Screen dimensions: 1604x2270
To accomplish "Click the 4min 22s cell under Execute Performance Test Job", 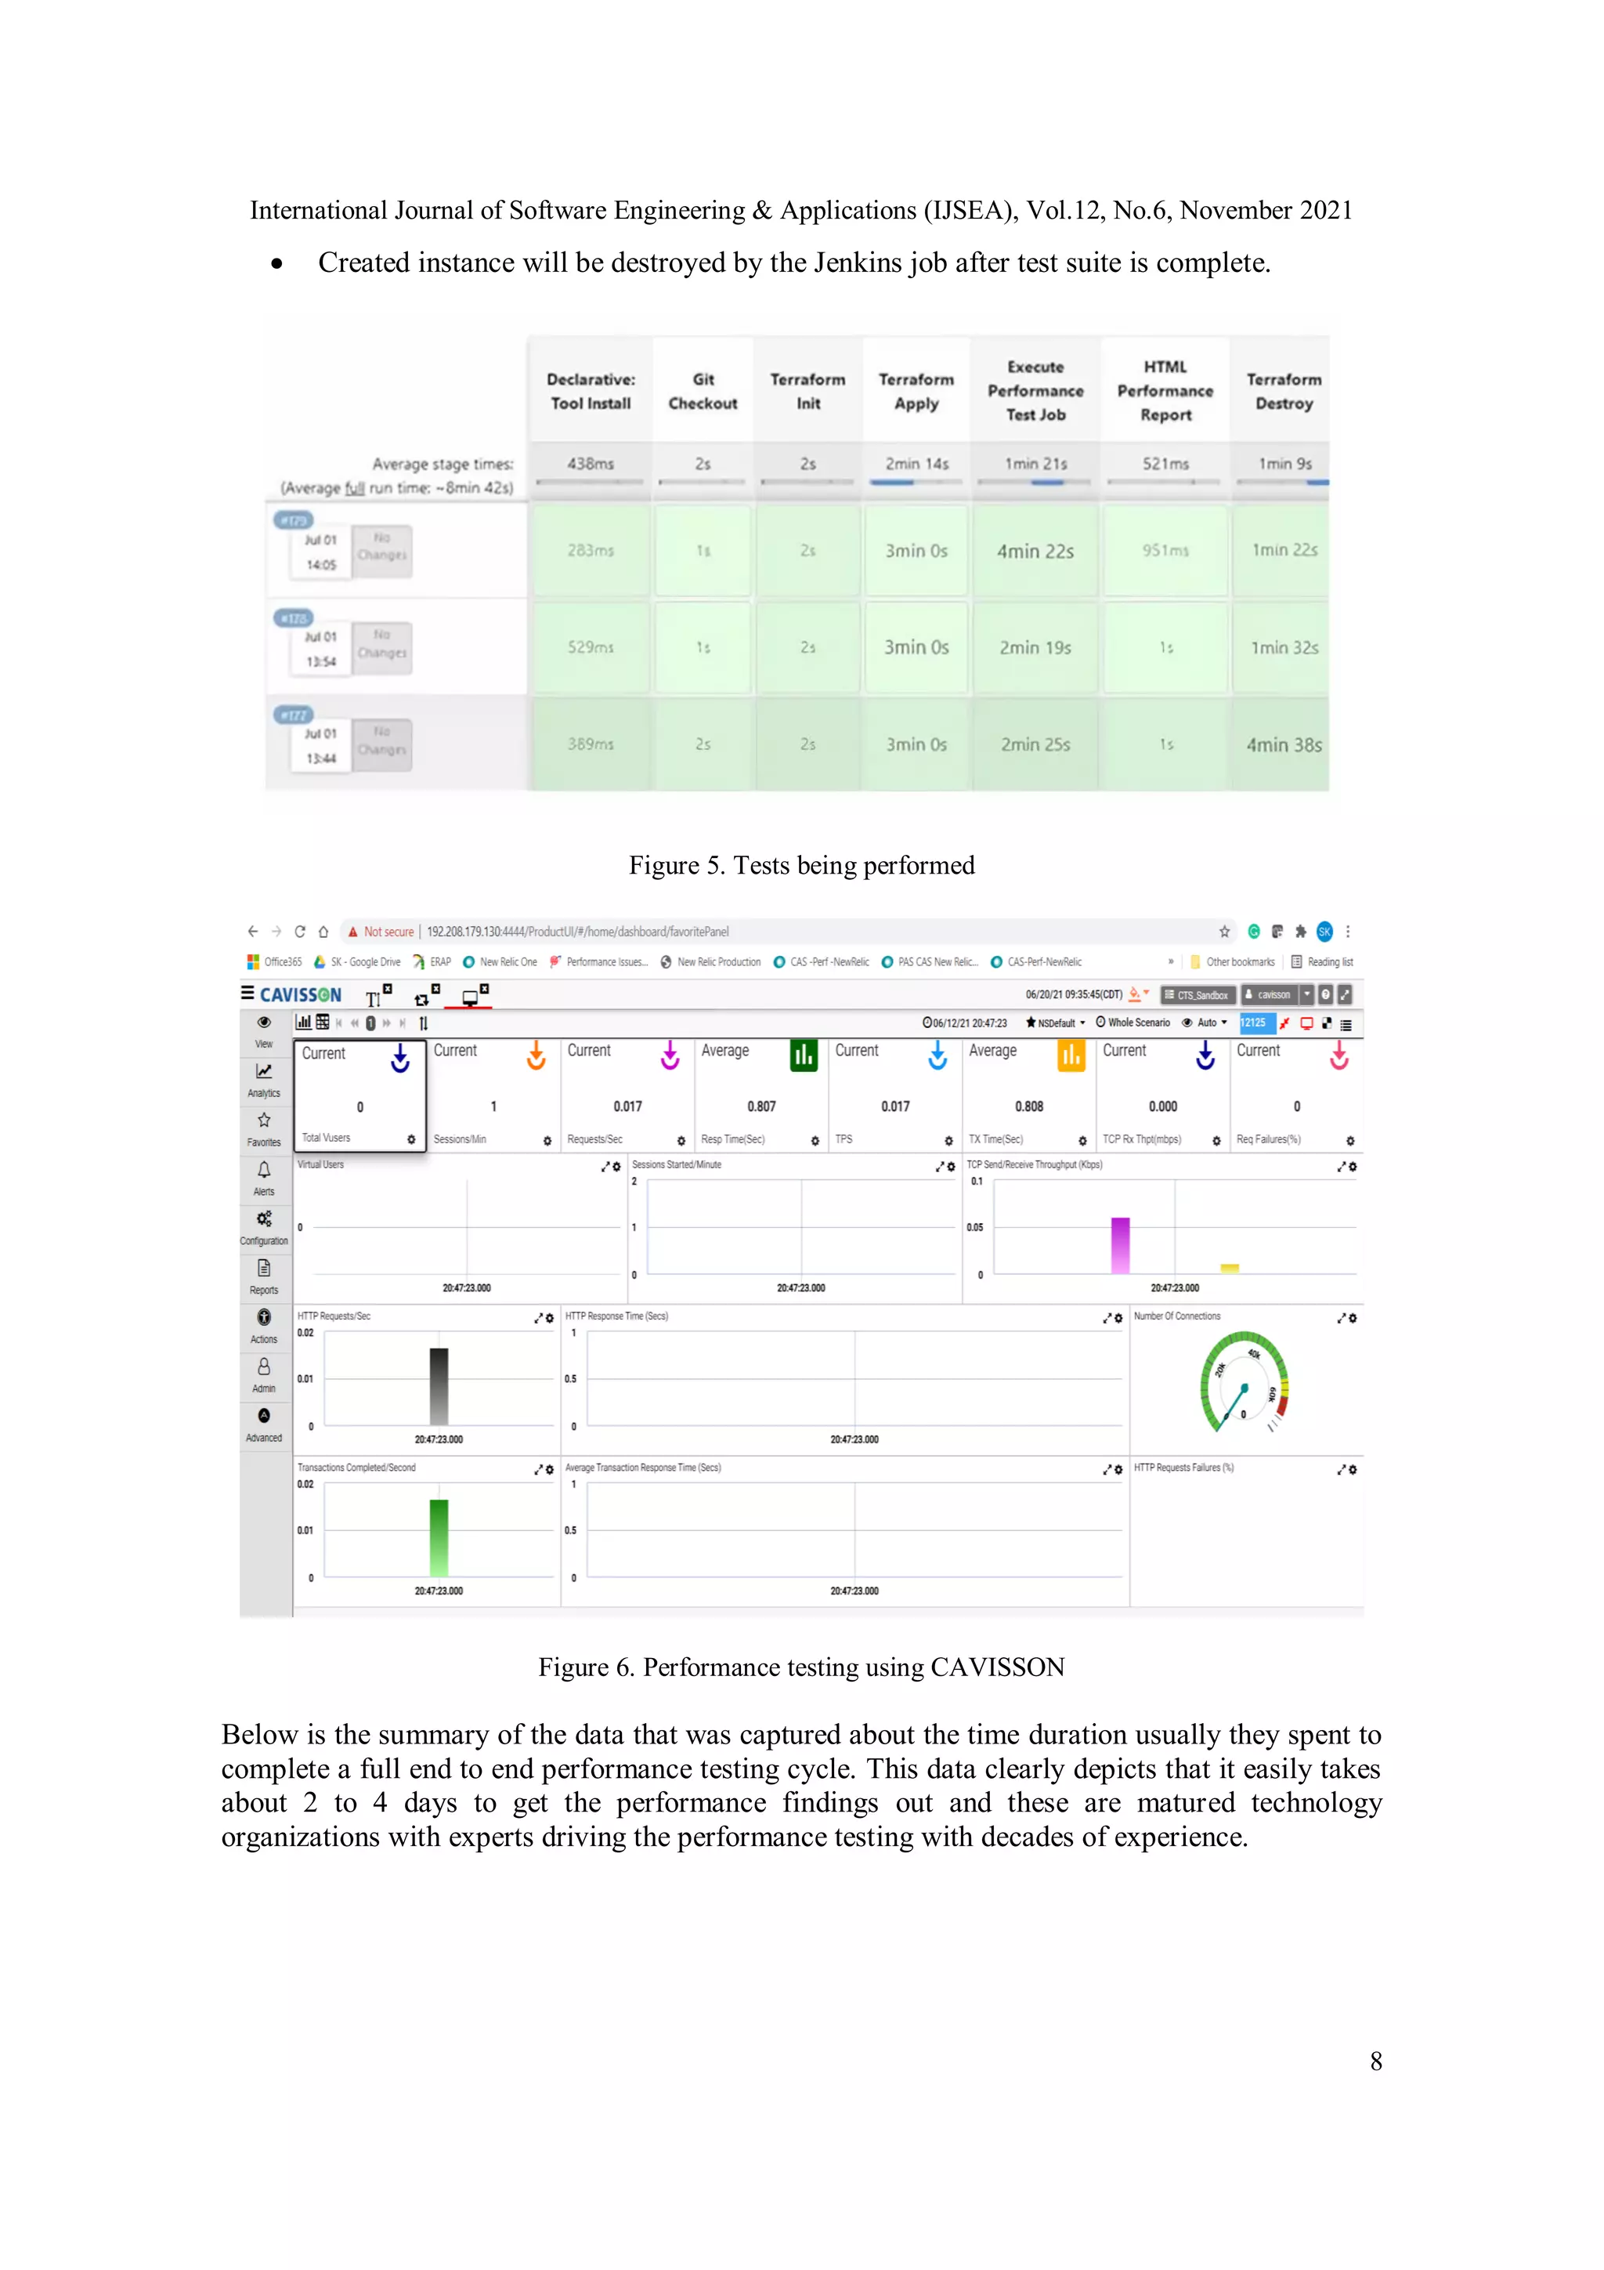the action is click(x=1035, y=552).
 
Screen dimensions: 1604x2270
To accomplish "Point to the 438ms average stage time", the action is click(x=590, y=464).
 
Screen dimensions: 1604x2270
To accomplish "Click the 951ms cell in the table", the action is click(x=1165, y=551).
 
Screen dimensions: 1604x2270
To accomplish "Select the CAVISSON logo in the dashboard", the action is click(x=299, y=994).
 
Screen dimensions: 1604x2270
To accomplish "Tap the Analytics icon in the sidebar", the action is click(x=264, y=1077).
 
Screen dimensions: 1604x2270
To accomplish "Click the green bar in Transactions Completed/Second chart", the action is click(x=439, y=1537).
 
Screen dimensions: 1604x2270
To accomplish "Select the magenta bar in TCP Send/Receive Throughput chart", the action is click(x=1120, y=1245).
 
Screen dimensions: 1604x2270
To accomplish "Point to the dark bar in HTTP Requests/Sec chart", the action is click(x=439, y=1386).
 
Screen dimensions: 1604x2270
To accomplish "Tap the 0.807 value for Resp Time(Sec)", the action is click(x=761, y=1106).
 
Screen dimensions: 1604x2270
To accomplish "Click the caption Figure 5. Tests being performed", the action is click(x=801, y=866).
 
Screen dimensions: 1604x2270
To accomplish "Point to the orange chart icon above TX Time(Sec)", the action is click(x=1071, y=1056).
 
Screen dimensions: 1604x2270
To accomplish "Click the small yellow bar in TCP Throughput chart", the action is click(x=1230, y=1268).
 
